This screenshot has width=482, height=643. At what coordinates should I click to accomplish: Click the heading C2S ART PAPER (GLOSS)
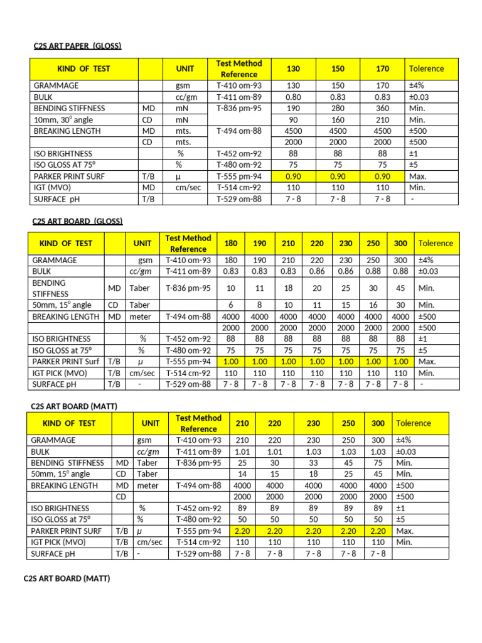[x=77, y=46]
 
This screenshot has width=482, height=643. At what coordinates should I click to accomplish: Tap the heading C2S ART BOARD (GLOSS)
[x=77, y=221]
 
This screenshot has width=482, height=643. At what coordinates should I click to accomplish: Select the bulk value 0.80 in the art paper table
[x=293, y=97]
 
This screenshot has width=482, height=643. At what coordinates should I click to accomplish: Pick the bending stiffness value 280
[x=338, y=108]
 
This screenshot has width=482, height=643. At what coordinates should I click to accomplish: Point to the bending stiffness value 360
[x=382, y=108]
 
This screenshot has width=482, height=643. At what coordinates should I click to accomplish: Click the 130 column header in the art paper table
[x=293, y=68]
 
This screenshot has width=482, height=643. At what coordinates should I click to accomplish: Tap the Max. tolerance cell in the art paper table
[x=417, y=176]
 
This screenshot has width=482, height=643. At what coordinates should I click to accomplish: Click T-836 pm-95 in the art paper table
[x=238, y=108]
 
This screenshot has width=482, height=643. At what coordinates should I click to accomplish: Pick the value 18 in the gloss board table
[x=288, y=288]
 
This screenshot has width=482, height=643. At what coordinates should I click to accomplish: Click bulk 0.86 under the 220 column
[x=317, y=271]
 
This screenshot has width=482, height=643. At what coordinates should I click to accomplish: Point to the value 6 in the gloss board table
[x=230, y=305]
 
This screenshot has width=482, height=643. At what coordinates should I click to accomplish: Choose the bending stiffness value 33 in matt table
[x=313, y=463]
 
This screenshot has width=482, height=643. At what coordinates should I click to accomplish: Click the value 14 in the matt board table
[x=242, y=474]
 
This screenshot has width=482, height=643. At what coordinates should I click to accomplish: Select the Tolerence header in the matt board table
[x=412, y=423]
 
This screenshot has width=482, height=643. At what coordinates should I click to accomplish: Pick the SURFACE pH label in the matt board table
[x=55, y=554]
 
